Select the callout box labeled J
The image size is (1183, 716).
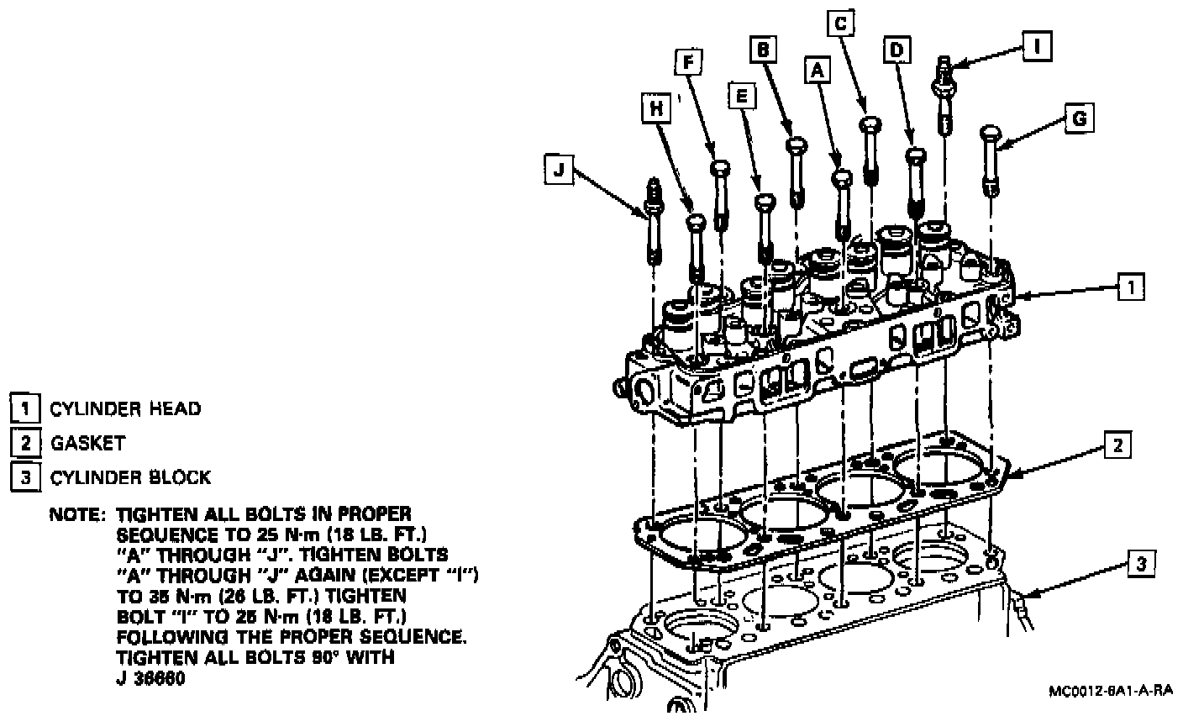point(558,171)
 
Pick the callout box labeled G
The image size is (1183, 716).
point(1079,118)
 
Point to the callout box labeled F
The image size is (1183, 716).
point(687,62)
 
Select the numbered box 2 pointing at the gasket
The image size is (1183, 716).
point(1117,445)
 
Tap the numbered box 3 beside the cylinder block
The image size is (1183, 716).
point(1139,564)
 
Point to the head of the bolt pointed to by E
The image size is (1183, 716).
point(764,202)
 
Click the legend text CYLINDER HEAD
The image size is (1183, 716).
point(125,409)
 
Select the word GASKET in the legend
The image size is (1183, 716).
point(87,443)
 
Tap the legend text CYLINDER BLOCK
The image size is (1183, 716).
point(130,477)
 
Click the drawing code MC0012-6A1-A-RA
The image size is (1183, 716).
point(1110,690)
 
